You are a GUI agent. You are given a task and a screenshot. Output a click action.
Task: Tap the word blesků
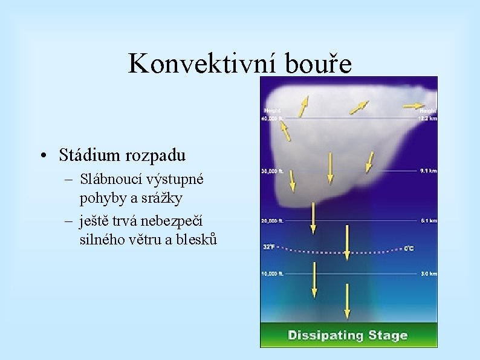coord(195,239)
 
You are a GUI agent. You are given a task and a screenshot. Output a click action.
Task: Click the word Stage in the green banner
coord(388,335)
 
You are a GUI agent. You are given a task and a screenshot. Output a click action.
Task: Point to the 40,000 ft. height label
coord(272,119)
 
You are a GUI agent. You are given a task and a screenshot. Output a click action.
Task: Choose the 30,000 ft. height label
coord(272,171)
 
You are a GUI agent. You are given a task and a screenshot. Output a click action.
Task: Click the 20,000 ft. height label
coord(272,220)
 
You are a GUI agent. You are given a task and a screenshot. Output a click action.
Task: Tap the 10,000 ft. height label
coord(272,273)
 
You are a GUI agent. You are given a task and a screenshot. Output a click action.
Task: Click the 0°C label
coord(409,248)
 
